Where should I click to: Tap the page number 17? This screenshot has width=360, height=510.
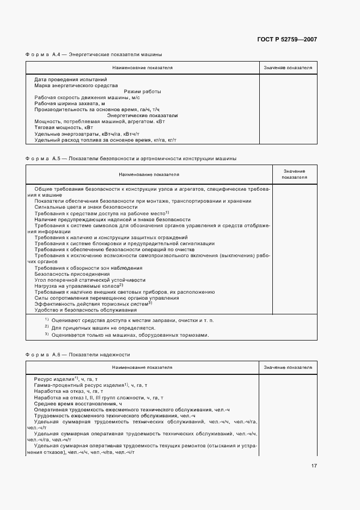click(314, 465)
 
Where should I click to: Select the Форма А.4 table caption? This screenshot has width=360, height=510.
click(94, 54)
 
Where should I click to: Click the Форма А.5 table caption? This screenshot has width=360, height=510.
click(131, 159)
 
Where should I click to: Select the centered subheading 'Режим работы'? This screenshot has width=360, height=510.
click(142, 92)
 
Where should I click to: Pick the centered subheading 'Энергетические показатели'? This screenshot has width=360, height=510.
click(142, 116)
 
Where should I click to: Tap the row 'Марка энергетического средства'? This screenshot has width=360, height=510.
click(76, 86)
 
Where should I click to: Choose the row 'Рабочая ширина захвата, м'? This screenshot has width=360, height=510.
click(69, 104)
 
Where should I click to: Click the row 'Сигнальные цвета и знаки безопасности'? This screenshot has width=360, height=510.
click(86, 207)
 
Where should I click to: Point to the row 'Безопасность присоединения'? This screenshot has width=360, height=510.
click(72, 274)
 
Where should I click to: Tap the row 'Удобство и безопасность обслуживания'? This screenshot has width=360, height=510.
click(82, 309)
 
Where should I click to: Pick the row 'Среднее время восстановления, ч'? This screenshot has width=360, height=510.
click(74, 404)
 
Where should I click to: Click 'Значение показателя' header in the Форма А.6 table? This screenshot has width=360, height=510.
click(288, 368)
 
